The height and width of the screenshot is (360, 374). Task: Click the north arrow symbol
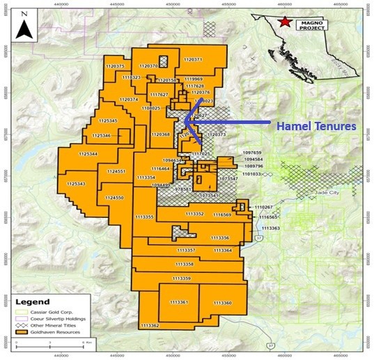click(x=24, y=27)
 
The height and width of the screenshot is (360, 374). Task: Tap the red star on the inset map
click(x=284, y=22)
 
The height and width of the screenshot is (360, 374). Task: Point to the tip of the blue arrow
click(x=187, y=123)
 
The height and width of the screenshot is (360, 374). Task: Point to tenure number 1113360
click(x=222, y=303)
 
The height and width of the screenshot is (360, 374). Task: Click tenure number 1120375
click(x=114, y=67)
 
